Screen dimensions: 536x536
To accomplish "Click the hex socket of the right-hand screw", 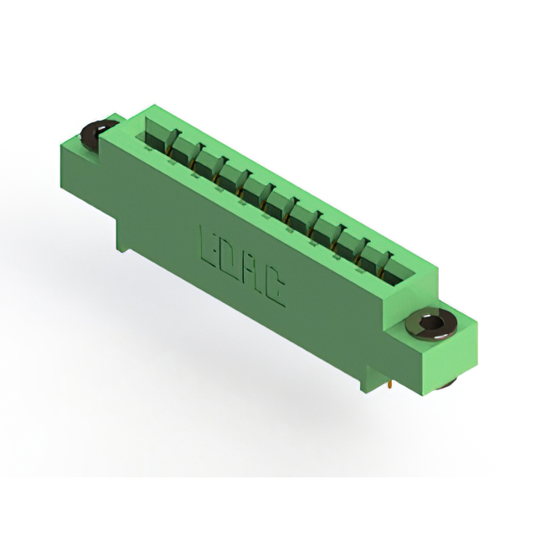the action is tap(428, 322).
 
